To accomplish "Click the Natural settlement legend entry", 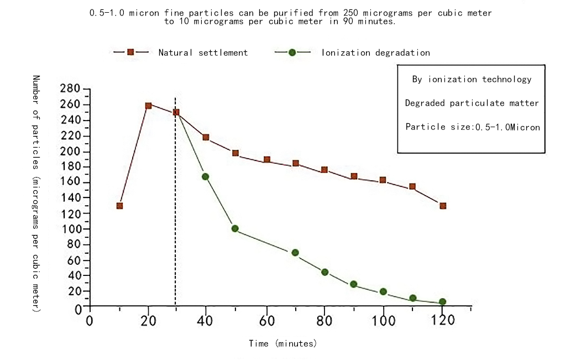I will point(203,53).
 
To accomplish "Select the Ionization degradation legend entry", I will point(375,53).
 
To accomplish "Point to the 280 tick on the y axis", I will point(74,89).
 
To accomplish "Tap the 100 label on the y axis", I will point(74,229).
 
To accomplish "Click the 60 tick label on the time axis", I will point(266,321).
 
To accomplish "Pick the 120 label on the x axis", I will point(442,321).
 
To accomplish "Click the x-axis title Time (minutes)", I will point(283,343).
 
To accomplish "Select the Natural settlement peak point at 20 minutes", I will point(148,106).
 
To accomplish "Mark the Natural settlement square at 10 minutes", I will point(119,206).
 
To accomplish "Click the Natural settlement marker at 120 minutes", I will point(442,206).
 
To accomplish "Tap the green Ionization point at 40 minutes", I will point(206,177).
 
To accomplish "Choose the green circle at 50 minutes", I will point(235,228).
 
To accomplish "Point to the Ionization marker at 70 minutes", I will point(295,253).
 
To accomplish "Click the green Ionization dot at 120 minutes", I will point(442,302).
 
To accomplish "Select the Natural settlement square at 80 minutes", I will point(325,170).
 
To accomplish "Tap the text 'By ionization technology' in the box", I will point(472,79).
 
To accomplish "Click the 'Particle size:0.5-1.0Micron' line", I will point(472,127).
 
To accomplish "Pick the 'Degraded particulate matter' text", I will point(472,103).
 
